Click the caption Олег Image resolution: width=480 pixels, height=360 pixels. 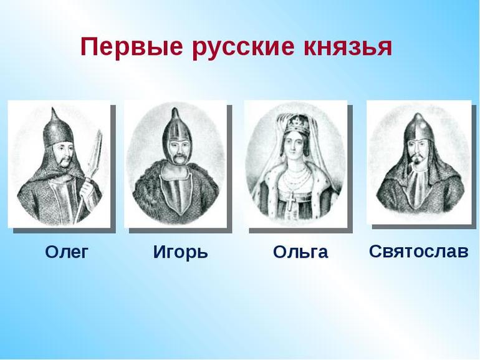pyautogui.click(x=67, y=251)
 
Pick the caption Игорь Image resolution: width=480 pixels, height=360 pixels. pyautogui.click(x=180, y=252)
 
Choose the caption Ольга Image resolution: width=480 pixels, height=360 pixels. pyautogui.click(x=300, y=252)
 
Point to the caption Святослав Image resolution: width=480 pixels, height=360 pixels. pyautogui.click(x=418, y=251)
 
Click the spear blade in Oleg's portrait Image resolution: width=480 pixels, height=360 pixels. pyautogui.click(x=95, y=150)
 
